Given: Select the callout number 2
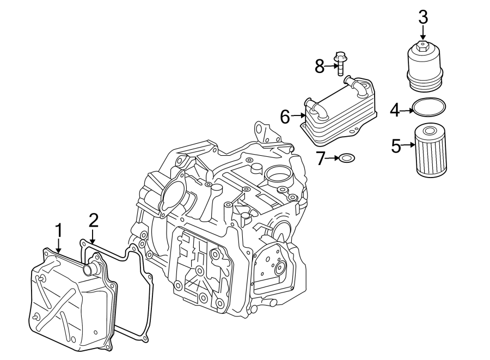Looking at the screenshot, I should click(x=93, y=220).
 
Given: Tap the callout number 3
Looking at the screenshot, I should click(x=423, y=17).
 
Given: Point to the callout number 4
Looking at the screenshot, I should click(x=395, y=111).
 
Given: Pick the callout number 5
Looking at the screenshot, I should click(x=397, y=145).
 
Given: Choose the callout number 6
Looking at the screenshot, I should click(x=285, y=116).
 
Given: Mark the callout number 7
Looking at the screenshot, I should click(x=321, y=158).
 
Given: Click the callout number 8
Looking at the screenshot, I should click(x=320, y=67).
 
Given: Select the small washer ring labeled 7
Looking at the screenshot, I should click(x=346, y=158).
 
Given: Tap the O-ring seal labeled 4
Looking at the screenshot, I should click(x=429, y=107).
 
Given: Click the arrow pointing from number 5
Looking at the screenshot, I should click(x=409, y=145).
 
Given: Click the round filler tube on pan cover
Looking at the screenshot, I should click(x=89, y=269).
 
